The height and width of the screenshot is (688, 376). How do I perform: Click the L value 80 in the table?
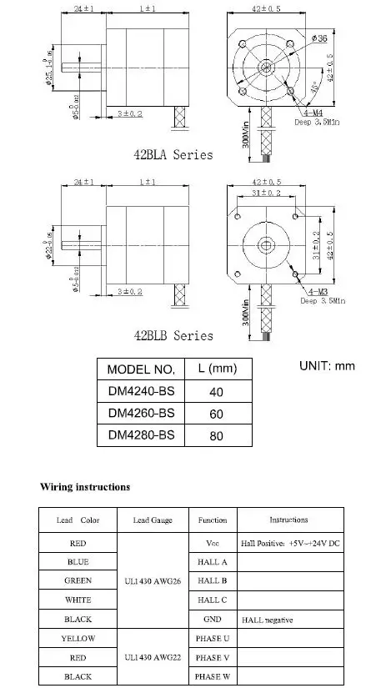pos(217,434)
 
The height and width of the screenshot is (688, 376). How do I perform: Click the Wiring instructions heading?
pos(86,486)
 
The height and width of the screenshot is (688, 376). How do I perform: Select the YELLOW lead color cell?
pos(78,638)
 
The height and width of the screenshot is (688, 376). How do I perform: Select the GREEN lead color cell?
pos(78,580)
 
